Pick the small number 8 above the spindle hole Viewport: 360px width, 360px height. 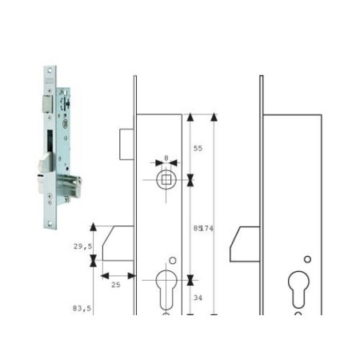[166, 159]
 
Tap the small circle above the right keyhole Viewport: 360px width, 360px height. [307, 259]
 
